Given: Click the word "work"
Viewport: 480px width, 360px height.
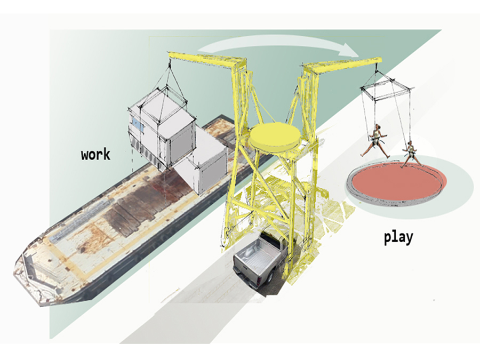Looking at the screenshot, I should click(x=95, y=155).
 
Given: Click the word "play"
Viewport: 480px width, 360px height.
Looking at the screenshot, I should click(x=398, y=237).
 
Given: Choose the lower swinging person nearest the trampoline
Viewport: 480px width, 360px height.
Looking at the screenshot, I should click(x=410, y=153).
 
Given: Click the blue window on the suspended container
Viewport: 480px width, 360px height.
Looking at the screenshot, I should click(x=138, y=126).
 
